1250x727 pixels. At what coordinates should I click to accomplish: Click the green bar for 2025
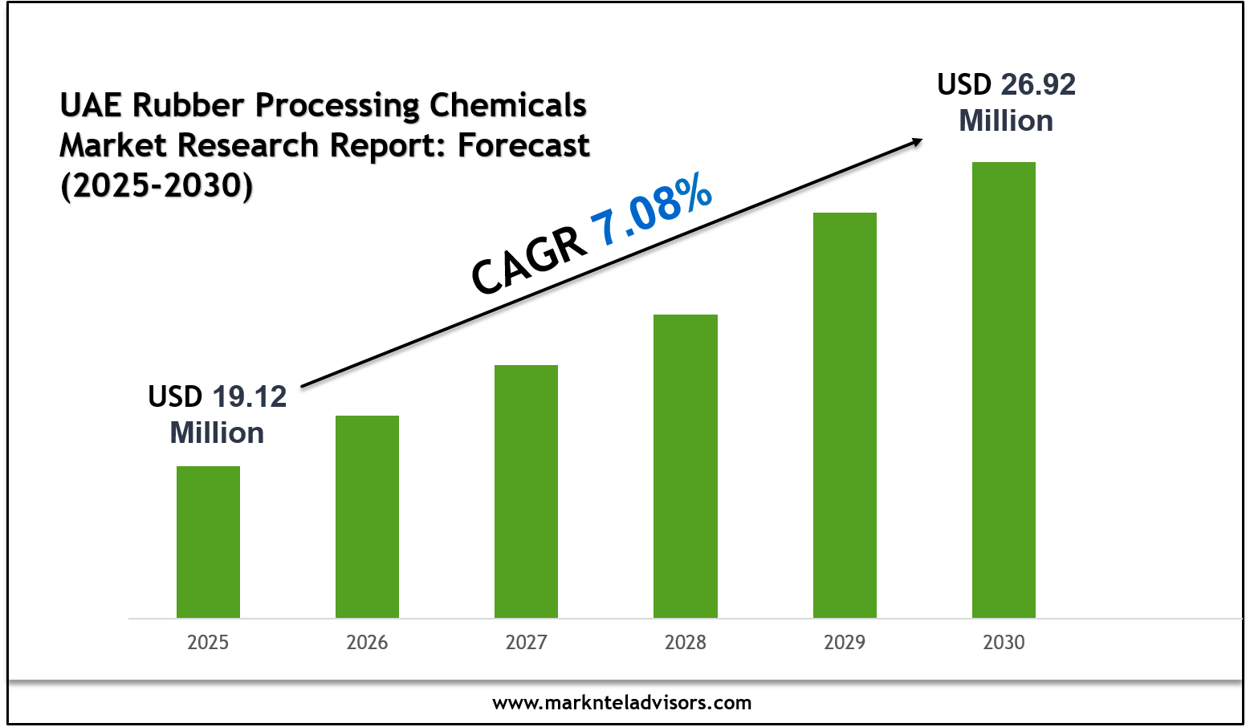(208, 542)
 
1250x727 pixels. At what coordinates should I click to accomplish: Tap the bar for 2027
(526, 491)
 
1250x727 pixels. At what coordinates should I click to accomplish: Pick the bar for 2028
(685, 465)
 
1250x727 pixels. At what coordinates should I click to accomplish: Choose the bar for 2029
(845, 415)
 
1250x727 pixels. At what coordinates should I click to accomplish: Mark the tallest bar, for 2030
(1004, 389)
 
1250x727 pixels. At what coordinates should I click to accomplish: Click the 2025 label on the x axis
(208, 642)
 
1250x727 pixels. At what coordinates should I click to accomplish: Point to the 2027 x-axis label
(526, 642)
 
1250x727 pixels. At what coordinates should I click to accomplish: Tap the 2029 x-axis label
(845, 642)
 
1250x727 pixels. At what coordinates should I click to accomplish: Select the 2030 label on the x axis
(1004, 642)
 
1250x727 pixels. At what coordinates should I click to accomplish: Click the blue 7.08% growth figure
(652, 209)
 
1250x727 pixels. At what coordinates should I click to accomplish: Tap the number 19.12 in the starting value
(250, 396)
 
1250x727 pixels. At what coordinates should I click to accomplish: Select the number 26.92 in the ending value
(1038, 84)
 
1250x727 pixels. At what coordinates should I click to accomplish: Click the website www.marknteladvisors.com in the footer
(622, 703)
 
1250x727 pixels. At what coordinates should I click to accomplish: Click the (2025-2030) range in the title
(157, 185)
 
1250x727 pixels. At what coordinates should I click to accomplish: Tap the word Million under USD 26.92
(1006, 120)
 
